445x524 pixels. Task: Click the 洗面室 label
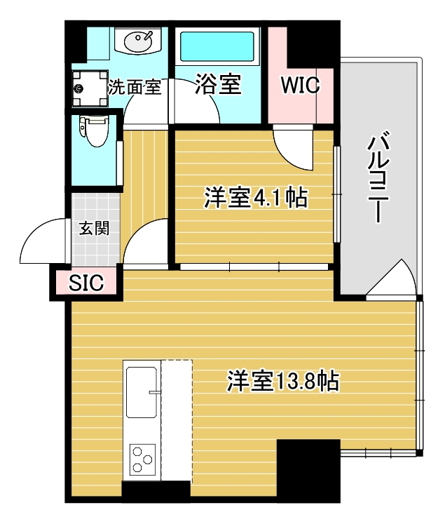135,88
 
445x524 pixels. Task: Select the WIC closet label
300,85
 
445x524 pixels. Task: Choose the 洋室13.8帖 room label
283,381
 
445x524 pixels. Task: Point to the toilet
93,131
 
